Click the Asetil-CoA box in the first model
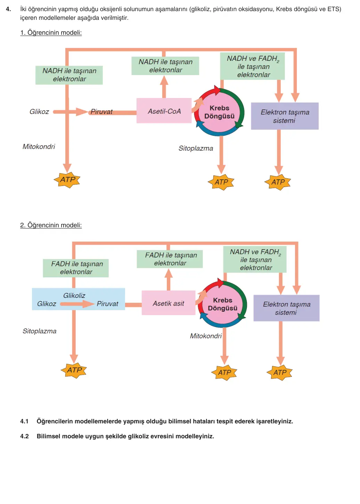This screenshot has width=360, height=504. pyautogui.click(x=164, y=111)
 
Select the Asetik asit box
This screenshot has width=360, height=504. pyautogui.click(x=168, y=303)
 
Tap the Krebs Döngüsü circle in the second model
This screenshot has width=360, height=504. pyautogui.click(x=222, y=304)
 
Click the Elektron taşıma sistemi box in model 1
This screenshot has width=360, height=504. pyautogui.click(x=285, y=116)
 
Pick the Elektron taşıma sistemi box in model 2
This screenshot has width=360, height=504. pyautogui.click(x=286, y=308)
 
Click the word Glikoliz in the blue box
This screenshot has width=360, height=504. pyautogui.click(x=74, y=295)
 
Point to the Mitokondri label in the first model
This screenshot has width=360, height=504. pyautogui.click(x=39, y=146)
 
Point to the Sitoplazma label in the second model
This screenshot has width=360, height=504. pyautogui.click(x=39, y=331)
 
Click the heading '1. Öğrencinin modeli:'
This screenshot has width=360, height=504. pyautogui.click(x=51, y=33)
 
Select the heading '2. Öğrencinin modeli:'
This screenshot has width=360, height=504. pyautogui.click(x=51, y=225)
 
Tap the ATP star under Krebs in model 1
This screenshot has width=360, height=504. pyautogui.click(x=221, y=182)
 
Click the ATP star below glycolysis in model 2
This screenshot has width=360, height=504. pyautogui.click(x=74, y=370)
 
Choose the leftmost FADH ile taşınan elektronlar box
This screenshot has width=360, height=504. pyautogui.click(x=76, y=268)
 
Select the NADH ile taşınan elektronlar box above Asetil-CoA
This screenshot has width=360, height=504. pyautogui.click(x=165, y=66)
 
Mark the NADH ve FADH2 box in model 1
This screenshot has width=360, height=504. pyautogui.click(x=252, y=66)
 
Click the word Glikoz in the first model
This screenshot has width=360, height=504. pyautogui.click(x=39, y=112)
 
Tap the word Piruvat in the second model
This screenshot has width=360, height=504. pyautogui.click(x=107, y=304)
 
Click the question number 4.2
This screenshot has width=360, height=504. pyautogui.click(x=24, y=436)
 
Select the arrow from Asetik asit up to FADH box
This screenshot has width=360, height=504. pyautogui.click(x=169, y=279)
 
